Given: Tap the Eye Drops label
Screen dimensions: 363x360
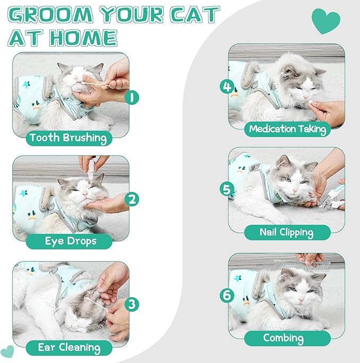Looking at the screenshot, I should (x=70, y=241).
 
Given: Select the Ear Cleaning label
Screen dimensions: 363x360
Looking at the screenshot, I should (x=69, y=348).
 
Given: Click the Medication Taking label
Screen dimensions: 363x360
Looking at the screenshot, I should (x=287, y=128).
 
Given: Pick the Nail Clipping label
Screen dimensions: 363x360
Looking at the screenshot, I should (x=287, y=232).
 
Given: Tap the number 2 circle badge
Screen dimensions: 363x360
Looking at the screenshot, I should (x=133, y=200).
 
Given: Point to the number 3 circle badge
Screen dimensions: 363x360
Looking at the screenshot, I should (x=133, y=304).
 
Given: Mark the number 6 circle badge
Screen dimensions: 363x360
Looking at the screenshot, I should (x=227, y=295).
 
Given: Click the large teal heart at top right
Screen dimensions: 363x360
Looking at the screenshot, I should (x=326, y=21).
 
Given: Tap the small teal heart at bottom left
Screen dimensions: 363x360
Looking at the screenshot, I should (x=7, y=351).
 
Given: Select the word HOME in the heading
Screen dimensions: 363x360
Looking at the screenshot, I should (x=85, y=38).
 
